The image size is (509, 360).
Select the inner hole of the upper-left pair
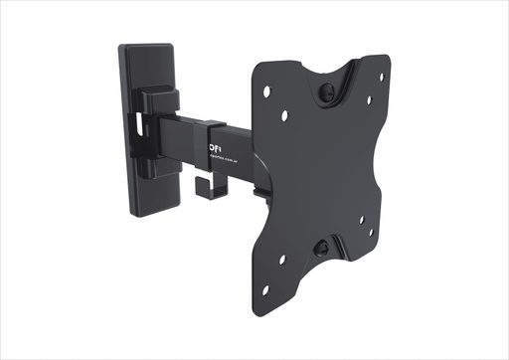285,116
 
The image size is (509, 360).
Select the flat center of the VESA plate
323,169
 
